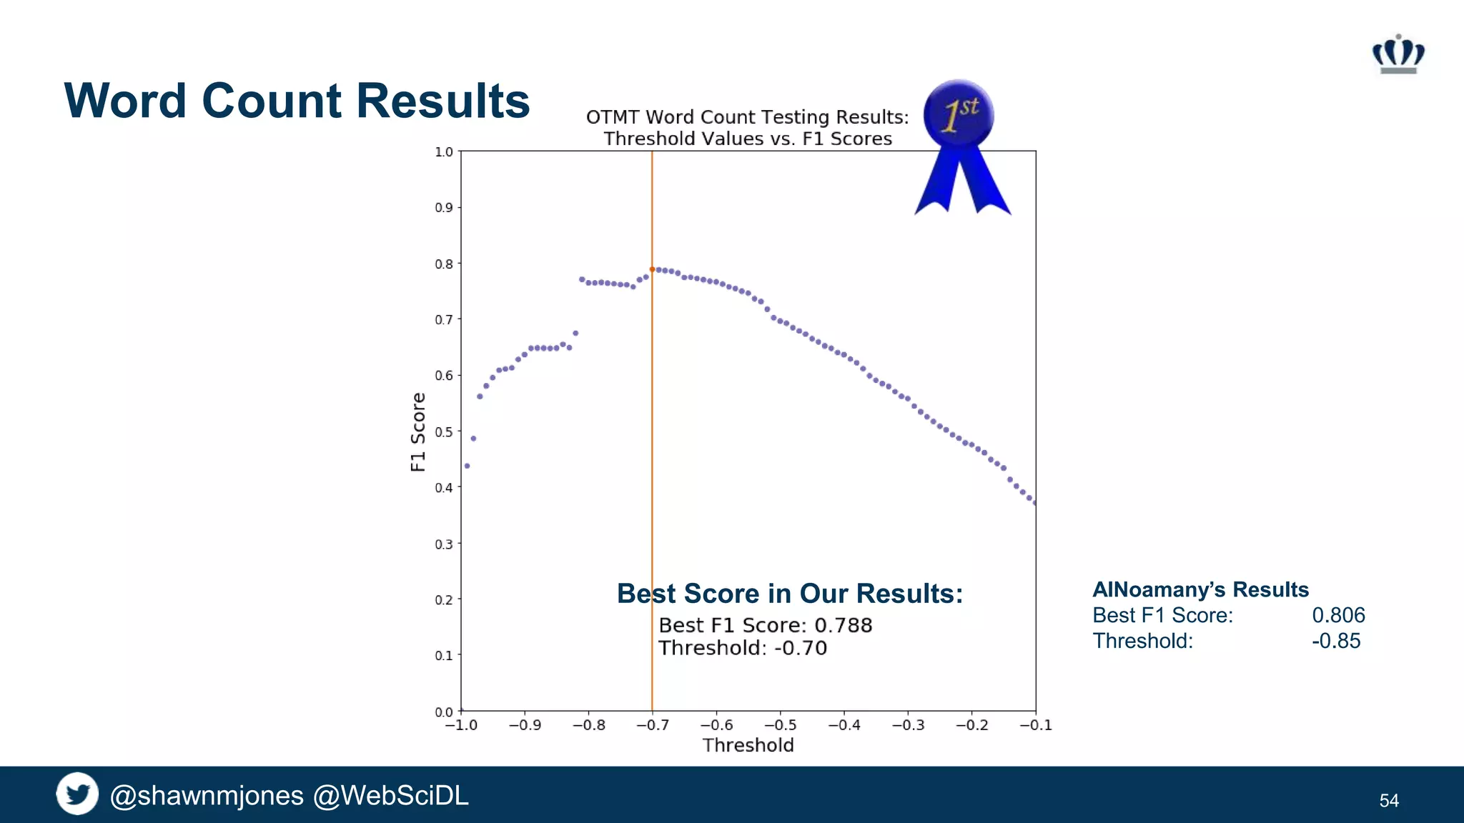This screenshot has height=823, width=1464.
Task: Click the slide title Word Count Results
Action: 297,101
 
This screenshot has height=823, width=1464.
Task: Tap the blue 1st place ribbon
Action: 960,139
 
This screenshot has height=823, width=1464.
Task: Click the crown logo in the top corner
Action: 1398,54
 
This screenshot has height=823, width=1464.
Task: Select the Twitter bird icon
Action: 77,794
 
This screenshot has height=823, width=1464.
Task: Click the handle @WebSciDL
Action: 391,795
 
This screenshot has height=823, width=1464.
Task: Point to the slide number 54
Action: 1389,800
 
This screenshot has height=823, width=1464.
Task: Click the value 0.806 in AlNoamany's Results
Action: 1338,615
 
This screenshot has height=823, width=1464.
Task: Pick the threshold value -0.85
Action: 1336,641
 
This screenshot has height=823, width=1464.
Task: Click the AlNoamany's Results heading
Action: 1200,589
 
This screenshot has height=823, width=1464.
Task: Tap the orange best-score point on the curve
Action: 652,269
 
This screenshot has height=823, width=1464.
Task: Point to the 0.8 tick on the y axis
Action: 444,264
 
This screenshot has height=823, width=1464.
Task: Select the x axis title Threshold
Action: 748,745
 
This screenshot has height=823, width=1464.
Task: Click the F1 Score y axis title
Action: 418,432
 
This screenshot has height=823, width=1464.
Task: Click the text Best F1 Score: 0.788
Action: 765,625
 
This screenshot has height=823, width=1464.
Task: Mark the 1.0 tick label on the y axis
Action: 444,151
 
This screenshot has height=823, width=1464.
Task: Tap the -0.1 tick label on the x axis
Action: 1035,725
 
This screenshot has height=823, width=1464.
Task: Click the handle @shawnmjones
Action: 207,795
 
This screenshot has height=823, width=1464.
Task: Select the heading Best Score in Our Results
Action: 790,594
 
